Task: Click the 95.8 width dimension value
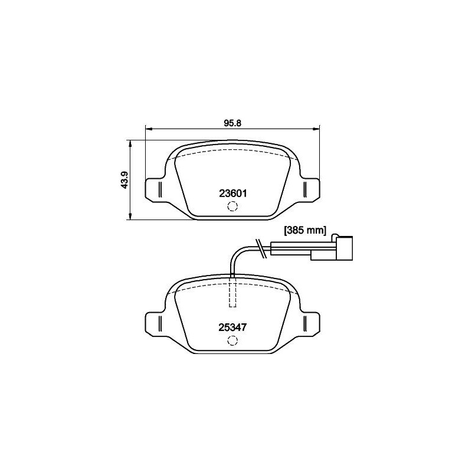232,123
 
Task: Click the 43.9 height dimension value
124,180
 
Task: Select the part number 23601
232,194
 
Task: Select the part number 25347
232,327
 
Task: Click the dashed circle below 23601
232,206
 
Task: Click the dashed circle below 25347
232,340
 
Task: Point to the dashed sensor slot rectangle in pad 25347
232,291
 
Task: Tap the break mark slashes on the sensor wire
260,248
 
